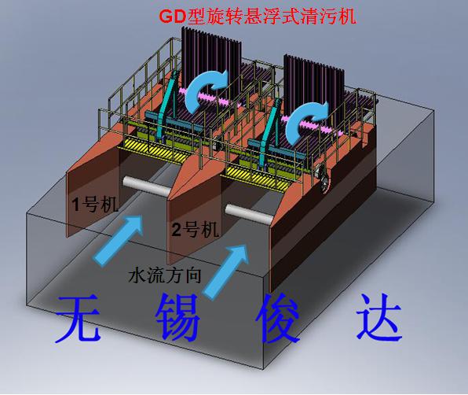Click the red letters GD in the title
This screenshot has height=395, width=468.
(173, 17)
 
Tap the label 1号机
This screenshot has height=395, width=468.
(96, 205)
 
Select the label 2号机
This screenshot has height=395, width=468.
(196, 230)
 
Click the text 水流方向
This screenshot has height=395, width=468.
(165, 275)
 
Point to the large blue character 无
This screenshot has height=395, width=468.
(79, 318)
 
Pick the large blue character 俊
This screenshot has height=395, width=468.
(278, 318)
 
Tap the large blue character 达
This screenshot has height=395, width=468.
(379, 318)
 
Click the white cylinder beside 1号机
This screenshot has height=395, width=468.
(146, 186)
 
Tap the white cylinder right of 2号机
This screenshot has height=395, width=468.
(249, 214)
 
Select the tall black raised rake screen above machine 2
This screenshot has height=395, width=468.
(314, 87)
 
